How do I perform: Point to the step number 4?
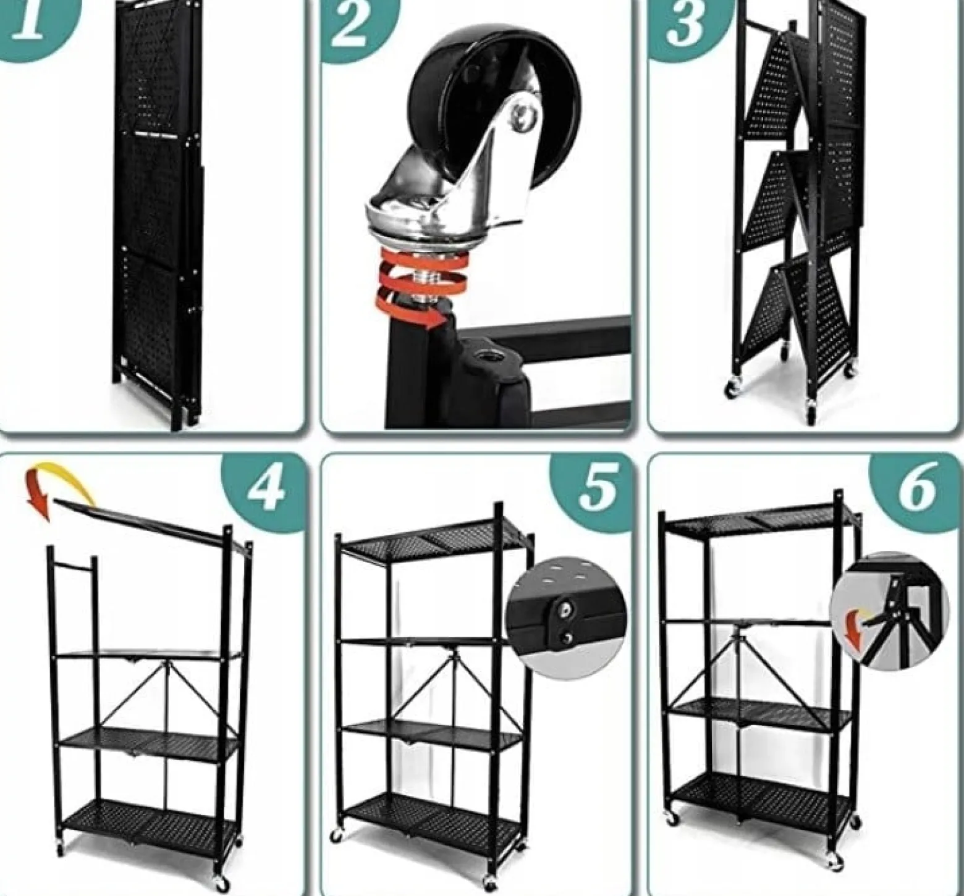tap(266, 490)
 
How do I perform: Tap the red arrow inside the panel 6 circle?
tap(856, 630)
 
